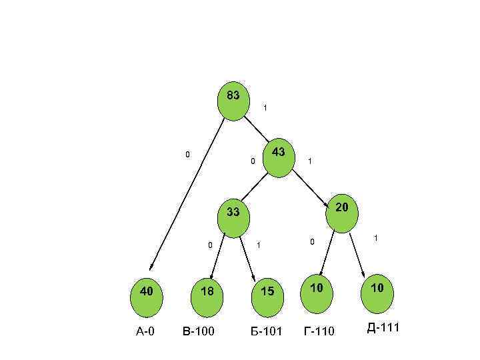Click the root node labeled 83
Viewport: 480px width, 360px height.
click(233, 101)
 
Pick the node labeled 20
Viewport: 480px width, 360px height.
click(342, 213)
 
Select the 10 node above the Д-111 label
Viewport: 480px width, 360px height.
click(377, 293)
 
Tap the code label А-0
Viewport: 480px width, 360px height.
click(145, 331)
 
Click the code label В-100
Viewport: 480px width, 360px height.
click(198, 331)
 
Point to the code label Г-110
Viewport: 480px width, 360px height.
click(319, 331)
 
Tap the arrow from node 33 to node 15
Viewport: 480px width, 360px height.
click(247, 257)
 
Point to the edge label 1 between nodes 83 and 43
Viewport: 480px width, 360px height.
click(265, 107)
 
